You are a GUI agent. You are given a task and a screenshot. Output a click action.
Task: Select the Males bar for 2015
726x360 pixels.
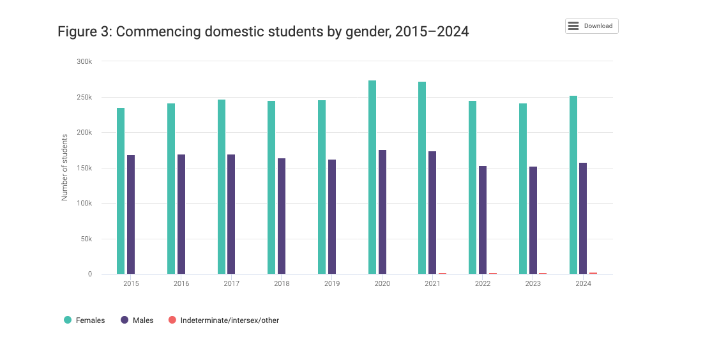point(131,214)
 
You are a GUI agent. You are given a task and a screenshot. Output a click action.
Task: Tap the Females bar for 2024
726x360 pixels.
point(573,185)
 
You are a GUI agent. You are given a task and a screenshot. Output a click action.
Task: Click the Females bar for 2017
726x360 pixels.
point(222,186)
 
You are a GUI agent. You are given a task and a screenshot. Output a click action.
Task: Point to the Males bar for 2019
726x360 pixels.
point(332,216)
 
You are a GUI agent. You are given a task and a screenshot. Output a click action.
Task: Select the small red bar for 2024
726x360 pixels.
point(593,273)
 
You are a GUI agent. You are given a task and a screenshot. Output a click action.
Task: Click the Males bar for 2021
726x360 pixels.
point(432,213)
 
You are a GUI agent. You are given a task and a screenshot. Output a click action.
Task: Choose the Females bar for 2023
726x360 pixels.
point(523,188)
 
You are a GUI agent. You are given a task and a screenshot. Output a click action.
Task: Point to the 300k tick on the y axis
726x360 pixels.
point(84,62)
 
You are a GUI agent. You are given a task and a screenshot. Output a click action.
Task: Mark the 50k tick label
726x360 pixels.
point(86,239)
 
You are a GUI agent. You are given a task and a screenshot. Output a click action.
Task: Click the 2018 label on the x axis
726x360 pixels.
point(282,284)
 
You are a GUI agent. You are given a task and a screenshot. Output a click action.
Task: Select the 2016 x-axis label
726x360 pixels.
point(181,284)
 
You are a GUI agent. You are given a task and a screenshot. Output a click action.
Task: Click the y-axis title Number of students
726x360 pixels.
point(64,167)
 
